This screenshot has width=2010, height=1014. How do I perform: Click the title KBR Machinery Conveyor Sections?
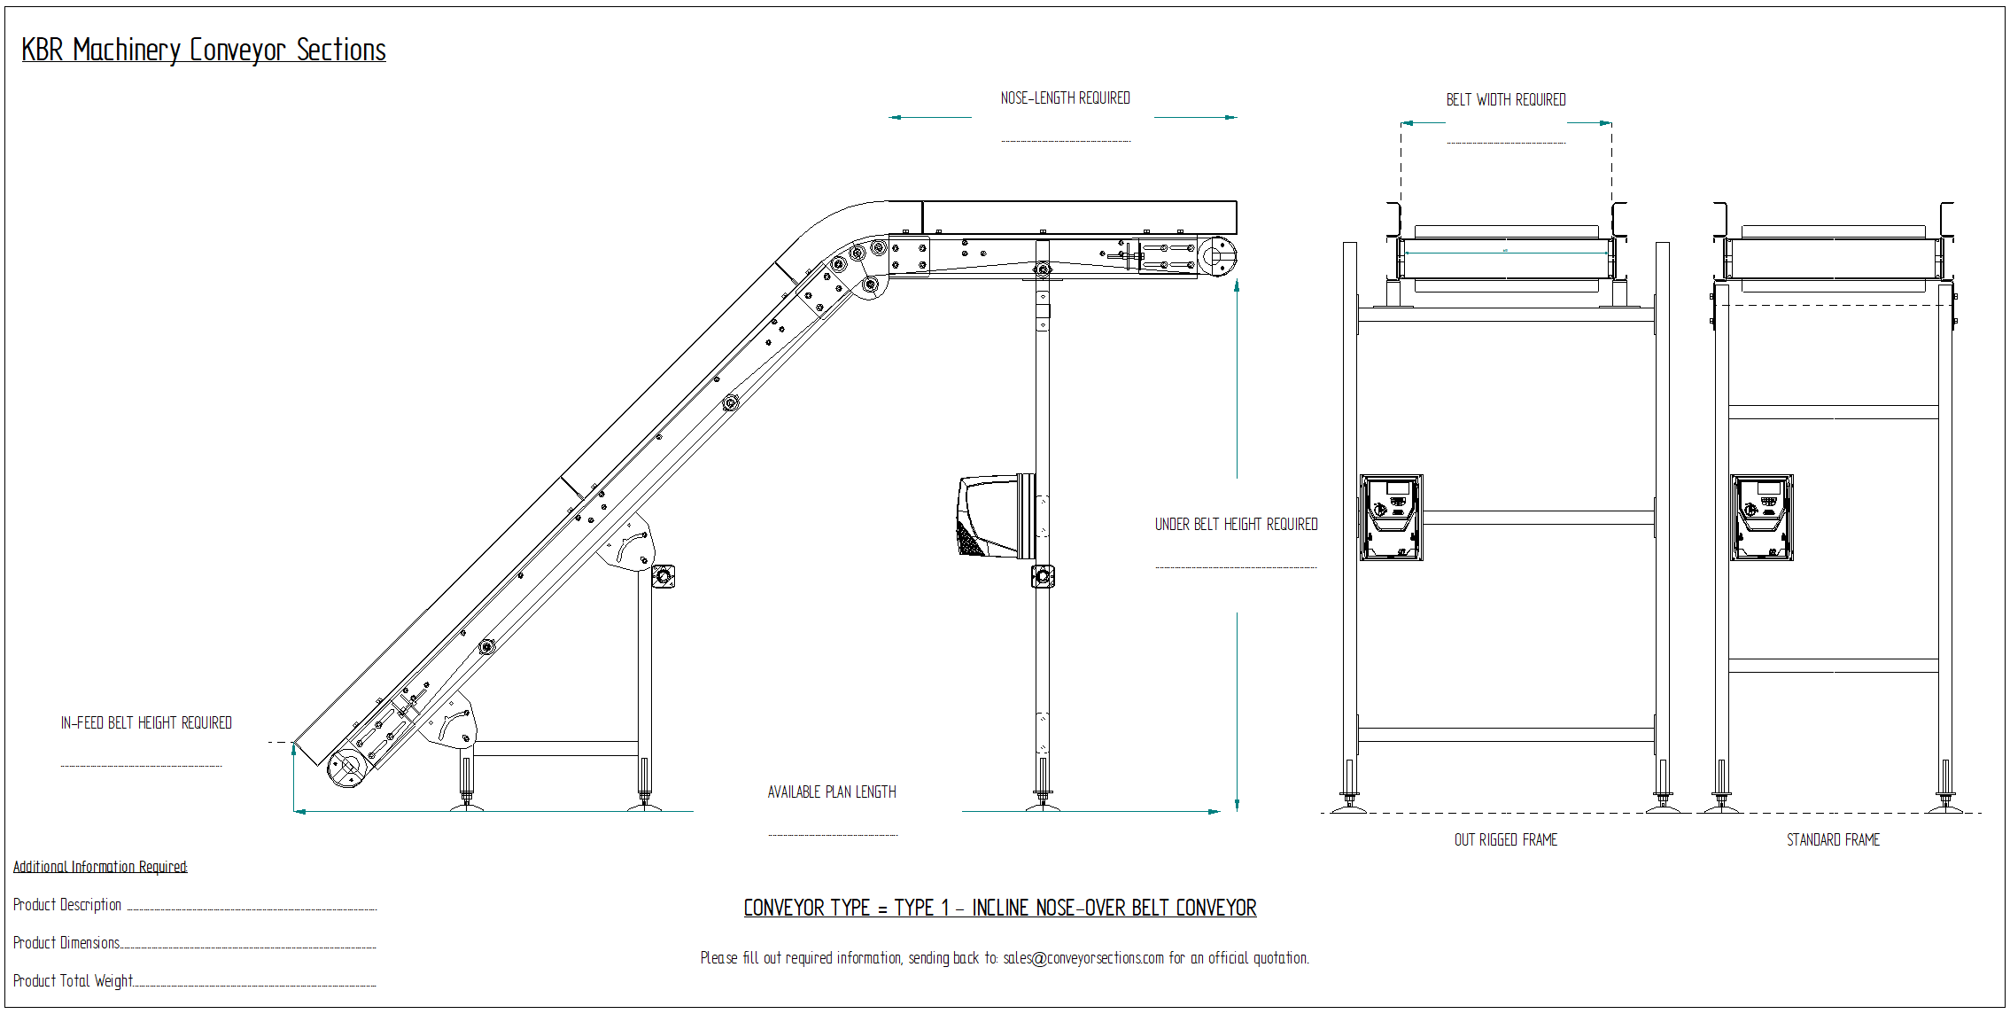204,50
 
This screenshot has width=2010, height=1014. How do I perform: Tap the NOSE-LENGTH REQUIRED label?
1065,98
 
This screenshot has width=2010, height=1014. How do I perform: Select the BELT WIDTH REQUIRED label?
1505,100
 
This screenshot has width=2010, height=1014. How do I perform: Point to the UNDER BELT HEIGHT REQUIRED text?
1236,525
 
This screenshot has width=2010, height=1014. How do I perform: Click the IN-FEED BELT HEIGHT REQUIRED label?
146,723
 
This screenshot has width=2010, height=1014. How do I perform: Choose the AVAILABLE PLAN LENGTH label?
832,792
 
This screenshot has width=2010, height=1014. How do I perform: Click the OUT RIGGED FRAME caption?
1505,840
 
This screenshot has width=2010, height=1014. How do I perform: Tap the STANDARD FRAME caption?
1833,840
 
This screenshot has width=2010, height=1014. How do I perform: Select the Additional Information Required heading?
100,867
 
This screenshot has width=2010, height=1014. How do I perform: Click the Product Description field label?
67,905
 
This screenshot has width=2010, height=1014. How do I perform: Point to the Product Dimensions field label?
66,943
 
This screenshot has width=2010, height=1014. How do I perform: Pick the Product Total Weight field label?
73,981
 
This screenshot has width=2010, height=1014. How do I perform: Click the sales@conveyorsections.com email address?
1083,958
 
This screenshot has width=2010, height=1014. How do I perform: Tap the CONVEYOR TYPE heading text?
999,909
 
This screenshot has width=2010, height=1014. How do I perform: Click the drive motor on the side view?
995,517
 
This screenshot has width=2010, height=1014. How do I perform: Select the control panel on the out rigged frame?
1391,518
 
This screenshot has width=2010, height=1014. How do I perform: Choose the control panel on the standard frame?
1761,518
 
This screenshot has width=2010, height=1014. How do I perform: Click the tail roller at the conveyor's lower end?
346,767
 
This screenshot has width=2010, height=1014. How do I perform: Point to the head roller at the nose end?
1218,256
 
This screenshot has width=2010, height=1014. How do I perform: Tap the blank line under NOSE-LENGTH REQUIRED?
1066,140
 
